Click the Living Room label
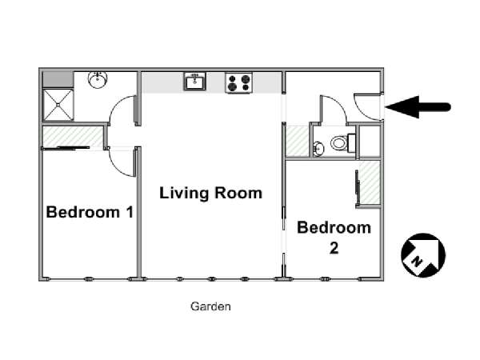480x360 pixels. (x=210, y=193)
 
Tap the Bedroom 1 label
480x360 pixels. (x=90, y=212)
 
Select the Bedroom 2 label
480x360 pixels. (x=334, y=238)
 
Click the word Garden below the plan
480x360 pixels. (x=210, y=306)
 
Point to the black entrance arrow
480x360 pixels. (x=418, y=107)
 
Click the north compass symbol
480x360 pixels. (x=423, y=255)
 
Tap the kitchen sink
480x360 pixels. (x=194, y=82)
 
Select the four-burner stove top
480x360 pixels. (x=238, y=82)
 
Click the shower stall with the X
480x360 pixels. (x=58, y=105)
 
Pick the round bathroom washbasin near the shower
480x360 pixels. (x=98, y=79)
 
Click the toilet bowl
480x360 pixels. (x=339, y=142)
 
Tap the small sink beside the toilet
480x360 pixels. (x=319, y=149)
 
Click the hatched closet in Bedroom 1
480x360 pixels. (x=72, y=137)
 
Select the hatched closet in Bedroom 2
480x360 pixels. (x=370, y=182)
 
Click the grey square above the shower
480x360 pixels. (x=58, y=79)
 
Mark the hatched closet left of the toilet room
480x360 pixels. (x=298, y=142)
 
